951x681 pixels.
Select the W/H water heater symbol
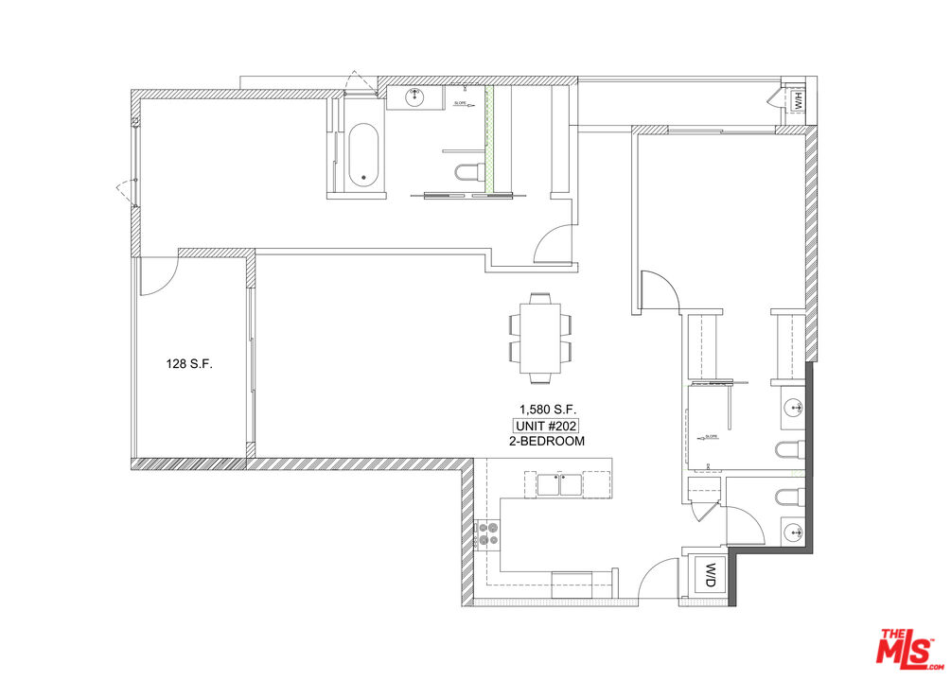coord(797,98)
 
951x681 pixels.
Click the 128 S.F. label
coord(188,363)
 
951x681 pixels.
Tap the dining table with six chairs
coord(541,338)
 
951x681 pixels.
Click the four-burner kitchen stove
coord(489,535)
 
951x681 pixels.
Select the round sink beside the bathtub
coord(416,96)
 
